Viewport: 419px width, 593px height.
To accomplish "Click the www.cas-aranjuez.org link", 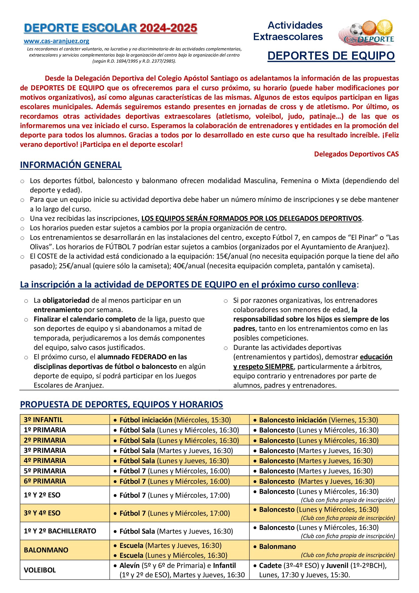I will (x=56, y=41).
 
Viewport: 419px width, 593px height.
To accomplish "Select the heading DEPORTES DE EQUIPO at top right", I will (x=331, y=56).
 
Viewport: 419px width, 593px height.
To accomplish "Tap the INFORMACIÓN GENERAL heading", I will (x=71, y=165).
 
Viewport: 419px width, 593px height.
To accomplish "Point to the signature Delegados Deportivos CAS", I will (x=356, y=154).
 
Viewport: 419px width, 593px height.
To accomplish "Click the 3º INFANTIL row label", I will (x=43, y=420).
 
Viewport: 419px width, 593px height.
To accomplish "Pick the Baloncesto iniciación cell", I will (x=318, y=420).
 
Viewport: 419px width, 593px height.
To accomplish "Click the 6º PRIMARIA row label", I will (x=45, y=481).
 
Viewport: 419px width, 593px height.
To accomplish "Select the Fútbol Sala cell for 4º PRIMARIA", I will (x=174, y=461).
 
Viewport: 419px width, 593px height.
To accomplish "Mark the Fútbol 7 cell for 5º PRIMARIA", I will (x=174, y=471).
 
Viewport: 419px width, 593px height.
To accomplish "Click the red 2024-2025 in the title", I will (x=168, y=28).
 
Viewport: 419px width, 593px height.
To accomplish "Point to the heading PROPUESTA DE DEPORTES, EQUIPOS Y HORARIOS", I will (x=121, y=404).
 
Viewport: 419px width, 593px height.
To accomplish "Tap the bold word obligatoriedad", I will (x=66, y=300).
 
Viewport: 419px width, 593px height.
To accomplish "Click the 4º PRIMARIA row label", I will (x=45, y=460).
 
